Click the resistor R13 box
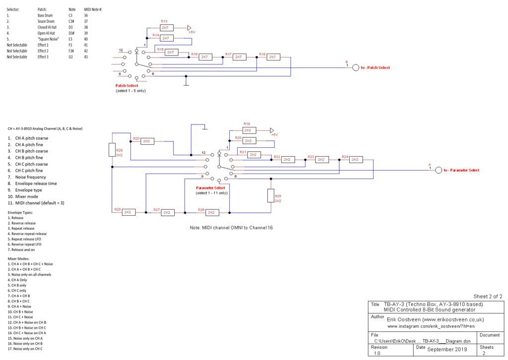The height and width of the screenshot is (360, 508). [167, 28]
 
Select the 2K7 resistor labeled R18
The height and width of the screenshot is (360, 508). [272, 57]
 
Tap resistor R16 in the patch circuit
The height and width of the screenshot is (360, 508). [204, 57]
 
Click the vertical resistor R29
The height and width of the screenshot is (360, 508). [112, 150]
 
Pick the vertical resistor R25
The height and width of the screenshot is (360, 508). [271, 195]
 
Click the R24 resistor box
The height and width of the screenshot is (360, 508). [355, 160]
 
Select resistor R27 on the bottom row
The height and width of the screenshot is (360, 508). [167, 213]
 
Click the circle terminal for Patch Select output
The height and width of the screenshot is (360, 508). [355, 67]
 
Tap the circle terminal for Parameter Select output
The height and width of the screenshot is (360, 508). [438, 170]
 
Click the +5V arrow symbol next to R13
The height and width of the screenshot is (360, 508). [190, 28]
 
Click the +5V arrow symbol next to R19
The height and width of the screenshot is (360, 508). [271, 130]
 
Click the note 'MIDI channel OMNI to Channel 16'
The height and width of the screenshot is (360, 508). [231, 228]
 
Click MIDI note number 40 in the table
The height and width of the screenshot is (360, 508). [86, 39]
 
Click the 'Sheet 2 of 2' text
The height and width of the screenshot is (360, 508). [488, 296]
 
